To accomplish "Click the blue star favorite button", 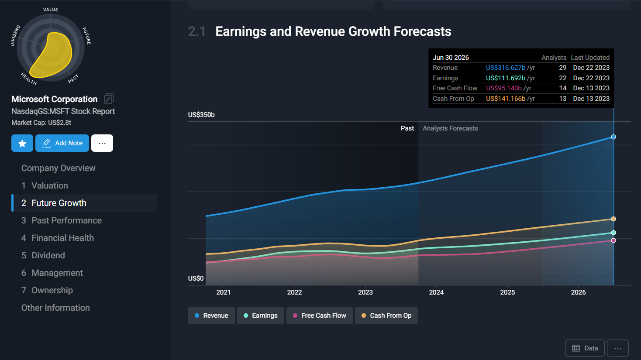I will coord(22,143).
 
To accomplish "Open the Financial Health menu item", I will coord(62,238).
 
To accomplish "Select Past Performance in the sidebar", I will coord(66,220).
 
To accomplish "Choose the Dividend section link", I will coord(48,255).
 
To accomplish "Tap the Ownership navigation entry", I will coord(52,290).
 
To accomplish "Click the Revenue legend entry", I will coord(211,315).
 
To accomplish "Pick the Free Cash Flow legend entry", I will coord(319,315).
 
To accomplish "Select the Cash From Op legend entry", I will coord(386,315).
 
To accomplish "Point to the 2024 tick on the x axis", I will coord(436,292).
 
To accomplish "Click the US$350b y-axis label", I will coord(201,115).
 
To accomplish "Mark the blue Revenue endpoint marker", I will coord(613,137).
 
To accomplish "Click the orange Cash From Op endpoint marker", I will coord(613,219).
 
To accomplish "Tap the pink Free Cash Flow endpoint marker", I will coord(613,240).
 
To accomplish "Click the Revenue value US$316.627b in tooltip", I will coord(506,68).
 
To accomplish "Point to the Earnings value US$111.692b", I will coord(506,78).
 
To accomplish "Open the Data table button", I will coord(585,348).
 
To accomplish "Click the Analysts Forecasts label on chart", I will coord(450,128).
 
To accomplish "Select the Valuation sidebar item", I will coord(49,185).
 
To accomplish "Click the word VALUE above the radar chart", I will coord(51,10).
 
